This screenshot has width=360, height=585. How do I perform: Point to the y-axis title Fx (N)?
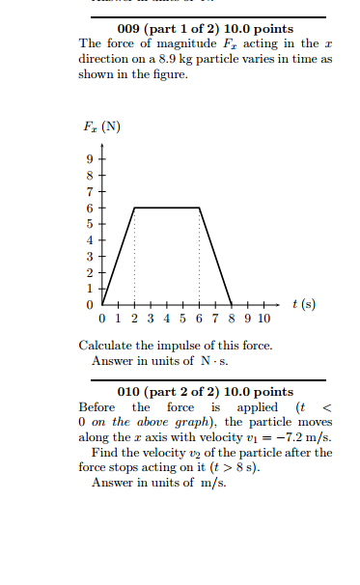point(102,128)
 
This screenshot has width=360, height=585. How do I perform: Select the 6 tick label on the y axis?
point(90,208)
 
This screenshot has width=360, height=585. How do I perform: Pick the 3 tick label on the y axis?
point(90,256)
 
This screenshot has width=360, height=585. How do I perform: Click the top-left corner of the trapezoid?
point(134,208)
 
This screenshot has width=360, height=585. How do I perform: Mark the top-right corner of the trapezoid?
point(199,208)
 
